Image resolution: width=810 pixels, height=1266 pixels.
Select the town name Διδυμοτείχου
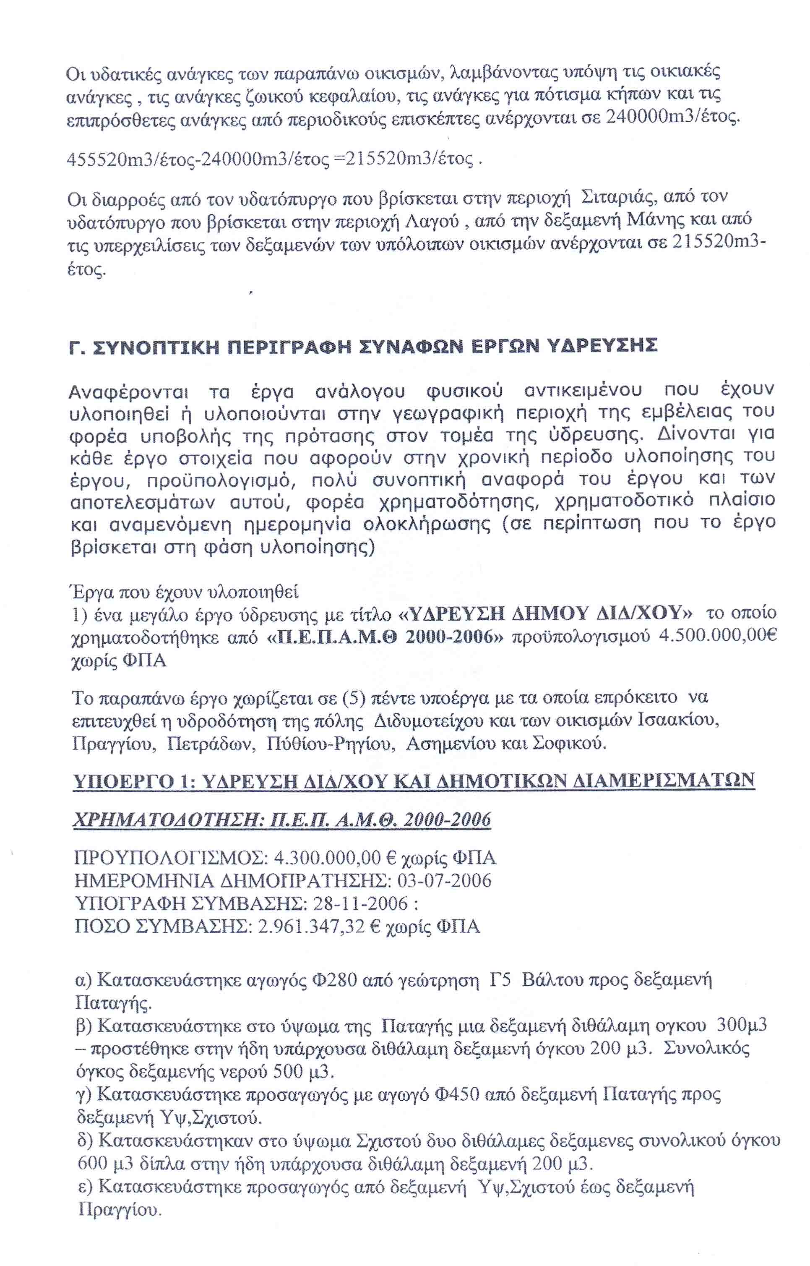click(428, 721)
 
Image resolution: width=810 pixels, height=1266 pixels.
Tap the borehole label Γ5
click(499, 980)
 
